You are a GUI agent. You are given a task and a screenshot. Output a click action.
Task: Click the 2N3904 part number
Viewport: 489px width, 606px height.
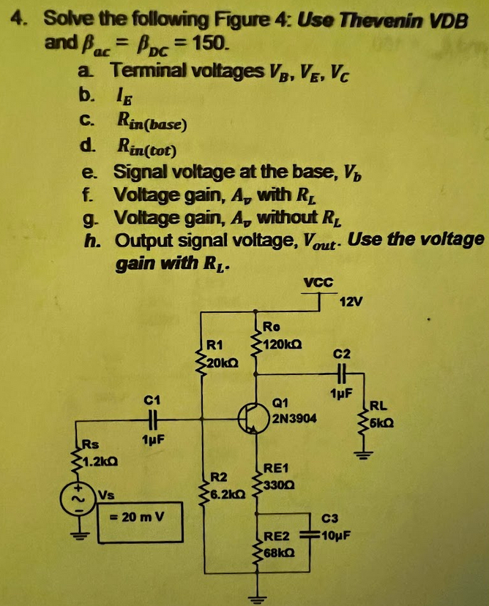pyautogui.click(x=292, y=420)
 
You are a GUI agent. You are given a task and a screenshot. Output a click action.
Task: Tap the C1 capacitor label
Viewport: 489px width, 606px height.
pyautogui.click(x=152, y=400)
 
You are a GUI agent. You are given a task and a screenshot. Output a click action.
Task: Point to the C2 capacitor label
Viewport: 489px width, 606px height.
pyautogui.click(x=342, y=353)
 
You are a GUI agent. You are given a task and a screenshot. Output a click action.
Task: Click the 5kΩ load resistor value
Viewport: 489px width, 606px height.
pyautogui.click(x=387, y=423)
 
